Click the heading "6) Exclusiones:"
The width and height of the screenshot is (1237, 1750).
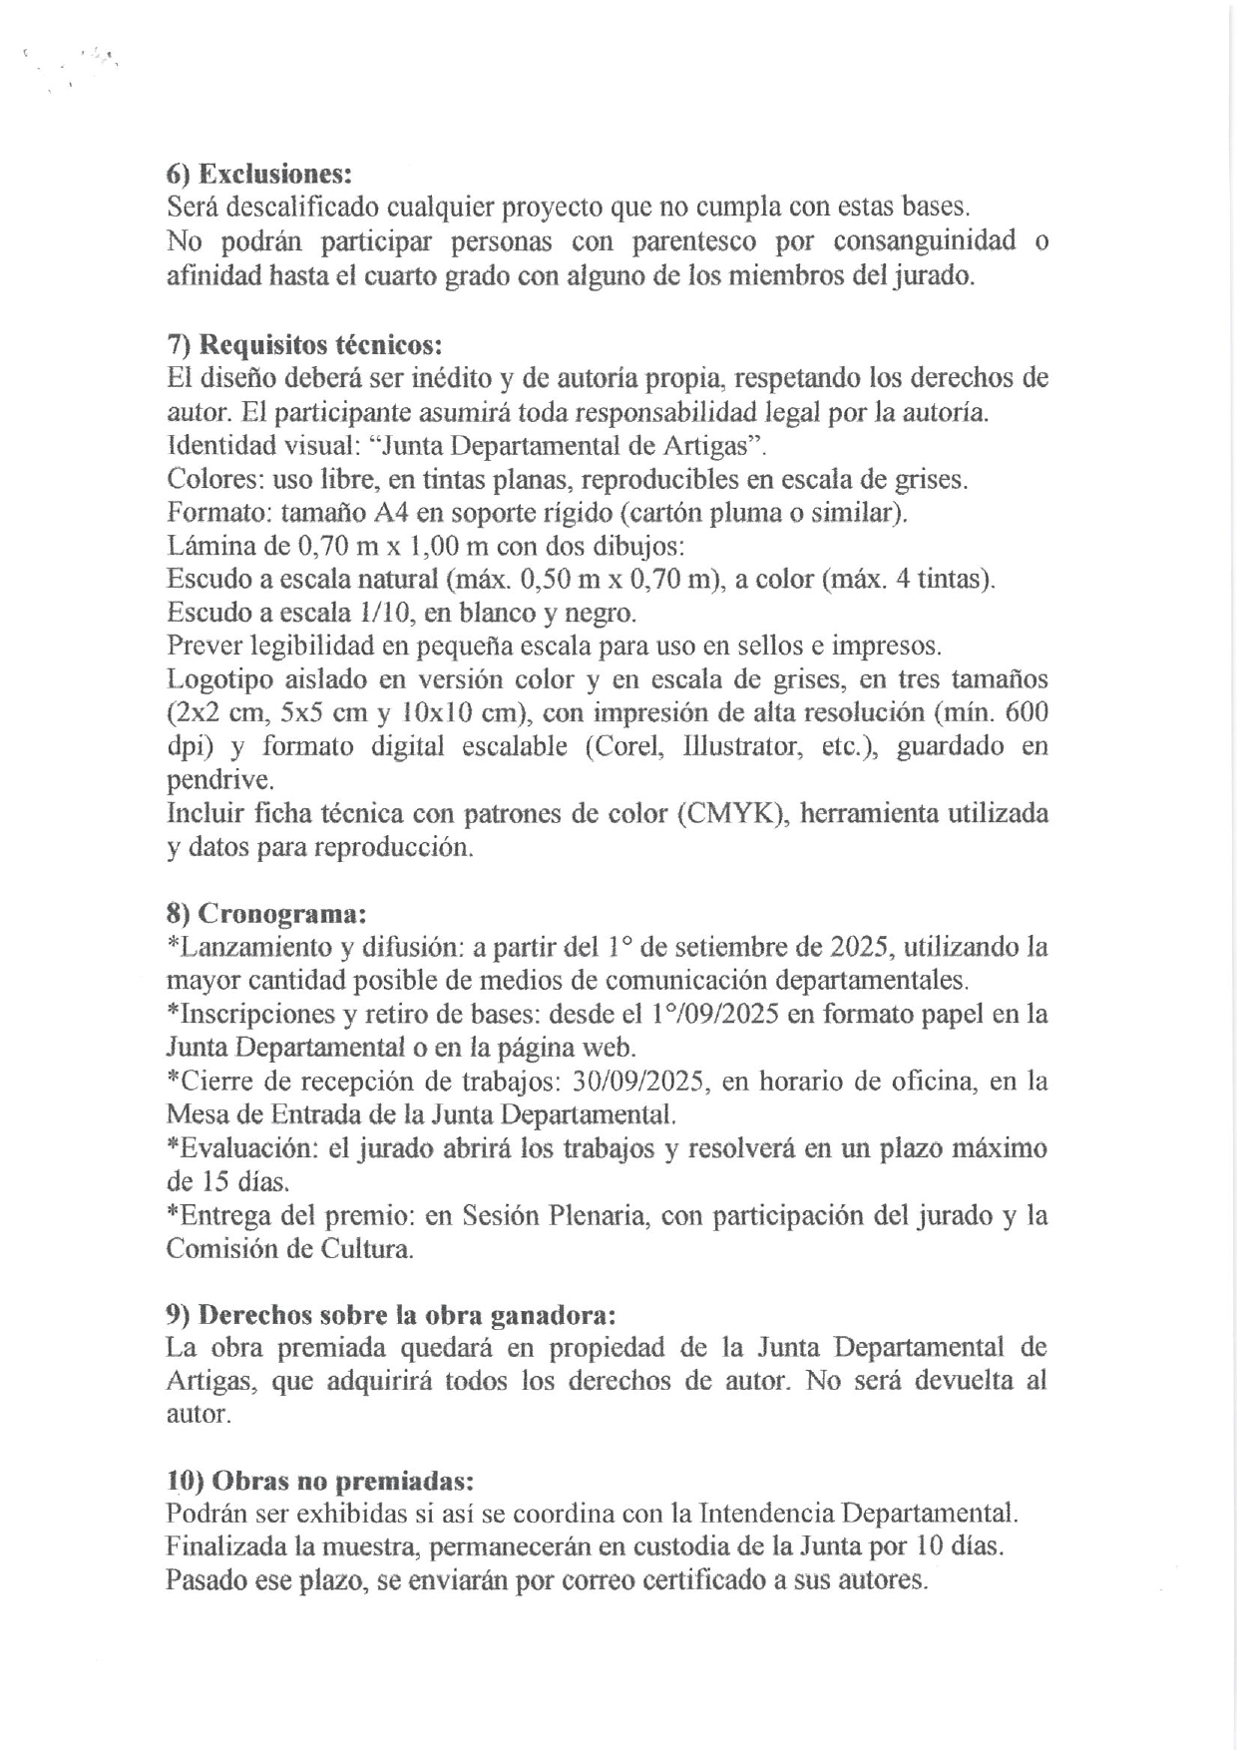(259, 174)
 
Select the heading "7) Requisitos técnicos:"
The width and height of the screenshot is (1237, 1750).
(303, 345)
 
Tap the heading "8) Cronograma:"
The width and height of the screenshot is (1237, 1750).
(266, 913)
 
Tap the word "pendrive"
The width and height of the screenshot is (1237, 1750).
(219, 781)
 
